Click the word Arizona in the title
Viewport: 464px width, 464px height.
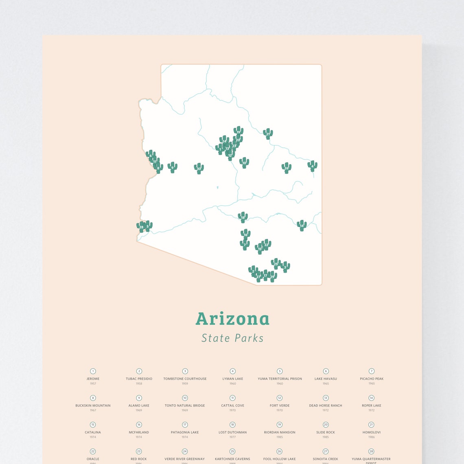(x=232, y=319)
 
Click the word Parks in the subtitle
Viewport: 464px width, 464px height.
(x=248, y=338)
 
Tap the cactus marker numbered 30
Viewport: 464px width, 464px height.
(x=199, y=168)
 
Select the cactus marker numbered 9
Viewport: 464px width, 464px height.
(x=172, y=167)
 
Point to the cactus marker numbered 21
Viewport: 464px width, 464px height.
(x=267, y=134)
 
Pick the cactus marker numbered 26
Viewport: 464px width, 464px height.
(x=286, y=168)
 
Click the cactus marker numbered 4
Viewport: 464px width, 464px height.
(x=312, y=166)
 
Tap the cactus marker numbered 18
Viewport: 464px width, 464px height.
(x=243, y=217)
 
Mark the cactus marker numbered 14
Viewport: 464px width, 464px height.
(x=301, y=225)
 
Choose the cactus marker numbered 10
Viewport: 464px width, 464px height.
(x=244, y=162)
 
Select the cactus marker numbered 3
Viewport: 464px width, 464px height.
(x=285, y=267)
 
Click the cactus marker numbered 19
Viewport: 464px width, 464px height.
(x=238, y=131)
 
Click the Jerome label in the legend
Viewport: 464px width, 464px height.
(x=93, y=379)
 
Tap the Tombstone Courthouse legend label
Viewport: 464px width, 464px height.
(x=185, y=379)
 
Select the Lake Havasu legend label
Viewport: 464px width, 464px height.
(x=326, y=379)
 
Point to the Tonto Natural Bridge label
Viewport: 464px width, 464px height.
(x=185, y=406)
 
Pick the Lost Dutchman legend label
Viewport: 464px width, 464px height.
(x=232, y=432)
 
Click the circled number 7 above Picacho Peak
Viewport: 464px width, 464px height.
(x=372, y=371)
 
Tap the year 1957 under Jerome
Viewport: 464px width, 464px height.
(x=93, y=384)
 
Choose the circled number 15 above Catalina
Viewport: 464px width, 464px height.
(x=93, y=425)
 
